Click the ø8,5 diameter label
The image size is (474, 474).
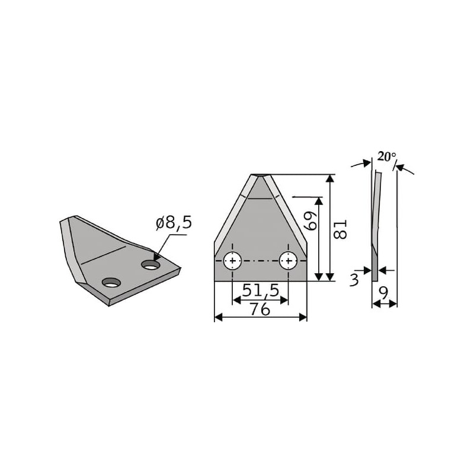coord(174,223)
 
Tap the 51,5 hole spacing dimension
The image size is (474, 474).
coord(261,290)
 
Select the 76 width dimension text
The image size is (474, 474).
coord(260,309)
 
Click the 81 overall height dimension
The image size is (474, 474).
coord(340,229)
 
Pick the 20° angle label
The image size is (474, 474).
coord(387,156)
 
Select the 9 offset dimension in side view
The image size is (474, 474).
coord(383,293)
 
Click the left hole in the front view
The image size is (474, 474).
coord(232,261)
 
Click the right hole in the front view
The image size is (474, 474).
coord(289,261)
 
